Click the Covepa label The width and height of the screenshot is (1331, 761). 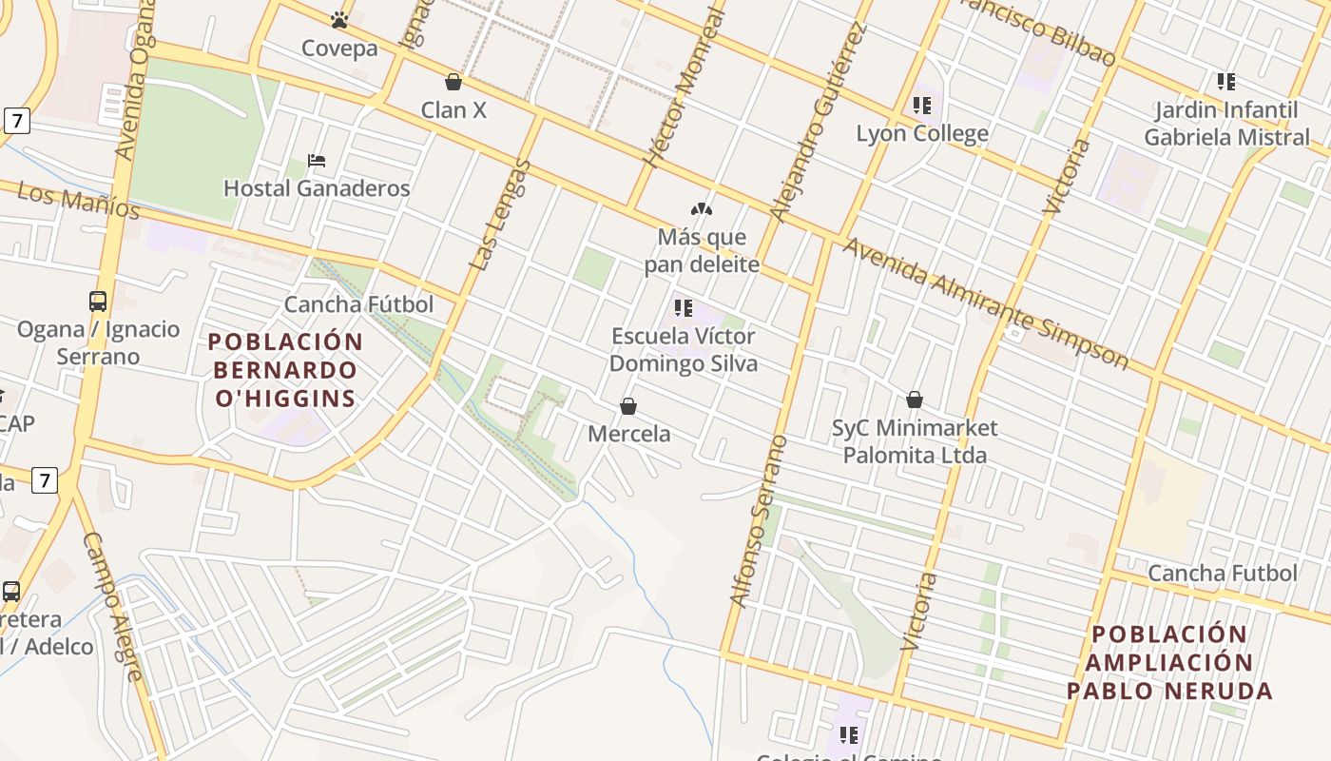coord(339,49)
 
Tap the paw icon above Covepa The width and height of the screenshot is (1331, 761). coord(339,19)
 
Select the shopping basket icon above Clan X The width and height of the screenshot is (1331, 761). coord(453,82)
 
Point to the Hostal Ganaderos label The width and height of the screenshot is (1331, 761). coord(317,188)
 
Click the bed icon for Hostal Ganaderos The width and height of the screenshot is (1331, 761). coord(317,161)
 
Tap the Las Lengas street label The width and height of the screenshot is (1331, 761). coord(501,215)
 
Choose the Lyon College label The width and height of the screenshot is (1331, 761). coord(922,133)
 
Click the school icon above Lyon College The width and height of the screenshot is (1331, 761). coord(921,105)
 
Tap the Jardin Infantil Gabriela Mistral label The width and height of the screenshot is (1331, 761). coord(1225,124)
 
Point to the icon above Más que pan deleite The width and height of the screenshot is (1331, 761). coord(702,208)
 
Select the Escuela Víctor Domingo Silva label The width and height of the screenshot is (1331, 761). coord(683,349)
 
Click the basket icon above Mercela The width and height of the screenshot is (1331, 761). coord(628,406)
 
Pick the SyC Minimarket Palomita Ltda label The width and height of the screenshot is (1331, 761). coord(915,441)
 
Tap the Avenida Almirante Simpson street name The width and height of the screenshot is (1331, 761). coord(986,302)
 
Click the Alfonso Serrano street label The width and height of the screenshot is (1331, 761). coord(759,521)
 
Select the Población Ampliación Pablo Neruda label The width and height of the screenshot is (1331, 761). coord(1169,662)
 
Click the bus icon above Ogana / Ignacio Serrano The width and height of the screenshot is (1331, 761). coord(98,302)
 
